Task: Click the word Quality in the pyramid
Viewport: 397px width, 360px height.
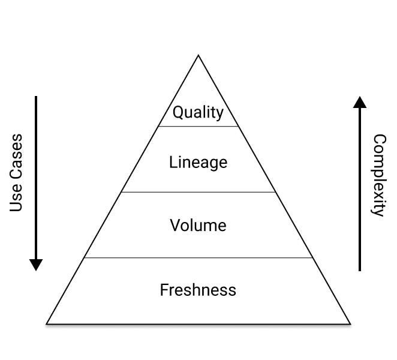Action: (x=198, y=112)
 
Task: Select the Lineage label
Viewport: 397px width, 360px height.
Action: (x=198, y=162)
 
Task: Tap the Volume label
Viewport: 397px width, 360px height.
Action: (x=198, y=225)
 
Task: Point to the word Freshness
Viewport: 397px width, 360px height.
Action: (x=198, y=290)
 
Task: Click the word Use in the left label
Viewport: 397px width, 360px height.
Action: (x=16, y=199)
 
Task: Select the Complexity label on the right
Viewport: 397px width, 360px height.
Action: (x=379, y=175)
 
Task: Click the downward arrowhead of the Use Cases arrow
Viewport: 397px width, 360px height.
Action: (x=36, y=265)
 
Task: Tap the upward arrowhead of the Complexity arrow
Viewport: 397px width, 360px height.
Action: (x=360, y=102)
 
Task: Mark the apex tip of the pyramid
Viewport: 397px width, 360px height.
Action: (x=198, y=55)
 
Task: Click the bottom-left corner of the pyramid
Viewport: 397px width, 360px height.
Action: (x=47, y=324)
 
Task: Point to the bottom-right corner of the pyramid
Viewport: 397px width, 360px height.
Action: (x=350, y=324)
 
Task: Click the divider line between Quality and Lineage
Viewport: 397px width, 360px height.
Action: (x=198, y=126)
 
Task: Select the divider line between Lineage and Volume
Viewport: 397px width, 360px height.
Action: (x=198, y=192)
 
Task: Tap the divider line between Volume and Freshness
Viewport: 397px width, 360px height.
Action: (x=198, y=257)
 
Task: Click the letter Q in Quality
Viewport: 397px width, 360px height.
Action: (x=178, y=112)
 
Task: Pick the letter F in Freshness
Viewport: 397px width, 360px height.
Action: (x=164, y=290)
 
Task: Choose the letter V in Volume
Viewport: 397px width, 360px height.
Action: (x=175, y=225)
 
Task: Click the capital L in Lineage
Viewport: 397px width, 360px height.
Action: (x=173, y=162)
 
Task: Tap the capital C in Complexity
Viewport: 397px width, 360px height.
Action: (x=380, y=140)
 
